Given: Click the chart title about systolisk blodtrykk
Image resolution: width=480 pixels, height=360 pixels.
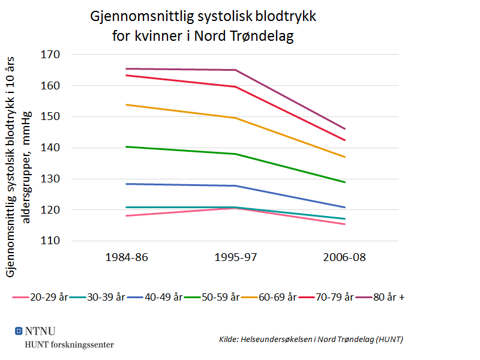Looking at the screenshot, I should pyautogui.click(x=203, y=26).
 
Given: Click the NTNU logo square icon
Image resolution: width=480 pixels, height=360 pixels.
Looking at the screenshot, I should pyautogui.click(x=19, y=331).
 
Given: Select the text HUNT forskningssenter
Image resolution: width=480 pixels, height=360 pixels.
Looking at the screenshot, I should pyautogui.click(x=69, y=344).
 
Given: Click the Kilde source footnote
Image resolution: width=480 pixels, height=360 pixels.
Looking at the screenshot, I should pyautogui.click(x=311, y=340).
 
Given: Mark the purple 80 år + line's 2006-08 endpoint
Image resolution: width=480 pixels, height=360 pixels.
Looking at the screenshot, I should pyautogui.click(x=345, y=129).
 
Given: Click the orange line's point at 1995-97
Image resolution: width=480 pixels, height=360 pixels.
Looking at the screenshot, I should pyautogui.click(x=235, y=118).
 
